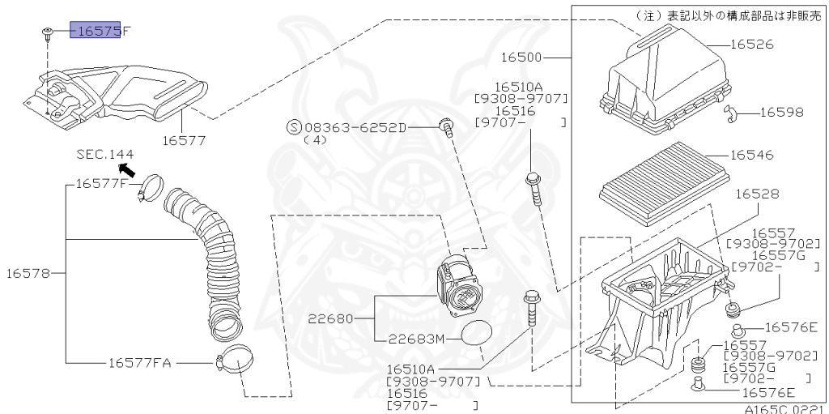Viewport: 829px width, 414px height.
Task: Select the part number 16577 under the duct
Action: (x=183, y=140)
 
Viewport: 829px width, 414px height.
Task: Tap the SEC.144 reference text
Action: (x=105, y=153)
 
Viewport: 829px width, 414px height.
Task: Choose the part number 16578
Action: (x=29, y=274)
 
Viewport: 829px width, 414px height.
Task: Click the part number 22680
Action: (x=330, y=318)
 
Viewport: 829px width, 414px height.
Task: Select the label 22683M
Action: (x=416, y=339)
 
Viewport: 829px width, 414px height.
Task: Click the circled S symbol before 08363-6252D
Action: (x=294, y=127)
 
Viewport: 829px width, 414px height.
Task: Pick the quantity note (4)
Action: (x=314, y=139)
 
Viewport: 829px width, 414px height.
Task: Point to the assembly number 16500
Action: (x=521, y=58)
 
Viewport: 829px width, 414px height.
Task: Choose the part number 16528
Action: (x=757, y=194)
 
